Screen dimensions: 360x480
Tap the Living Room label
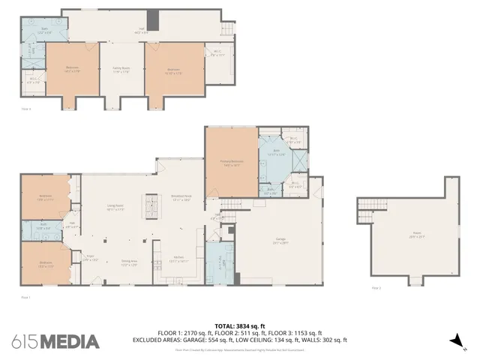pyautogui.click(x=115, y=208)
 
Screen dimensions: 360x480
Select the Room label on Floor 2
pyautogui.click(x=415, y=235)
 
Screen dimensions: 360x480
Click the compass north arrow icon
pyautogui.click(x=454, y=340)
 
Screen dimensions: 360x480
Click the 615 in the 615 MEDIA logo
pyautogui.click(x=24, y=341)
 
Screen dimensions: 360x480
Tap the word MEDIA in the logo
pyautogui.click(x=70, y=341)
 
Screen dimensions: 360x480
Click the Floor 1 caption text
pyautogui.click(x=25, y=297)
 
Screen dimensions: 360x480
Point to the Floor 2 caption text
pyautogui.click(x=376, y=288)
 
